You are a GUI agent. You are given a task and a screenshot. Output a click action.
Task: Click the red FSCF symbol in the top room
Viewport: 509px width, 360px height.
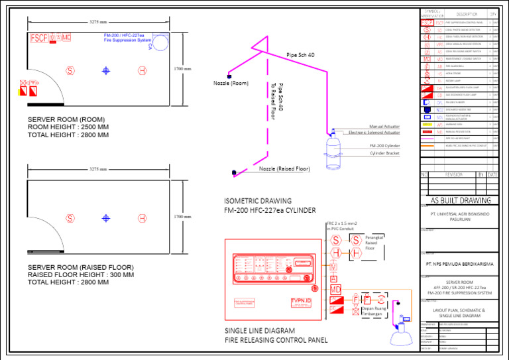click(x=39, y=38)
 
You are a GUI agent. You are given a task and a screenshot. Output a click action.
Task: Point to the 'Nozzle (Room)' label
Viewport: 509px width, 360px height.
click(x=231, y=84)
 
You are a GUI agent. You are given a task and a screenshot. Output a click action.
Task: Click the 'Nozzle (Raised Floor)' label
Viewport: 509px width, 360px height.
click(x=284, y=169)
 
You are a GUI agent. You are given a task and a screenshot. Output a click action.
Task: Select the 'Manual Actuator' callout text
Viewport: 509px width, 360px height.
click(x=384, y=126)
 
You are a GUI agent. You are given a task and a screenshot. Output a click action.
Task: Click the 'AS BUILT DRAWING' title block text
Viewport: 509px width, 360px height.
click(x=461, y=200)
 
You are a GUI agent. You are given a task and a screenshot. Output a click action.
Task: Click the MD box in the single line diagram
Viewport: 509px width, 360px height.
click(x=335, y=290)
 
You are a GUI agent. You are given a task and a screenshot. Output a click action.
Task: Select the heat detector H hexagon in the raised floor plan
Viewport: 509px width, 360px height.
click(x=142, y=218)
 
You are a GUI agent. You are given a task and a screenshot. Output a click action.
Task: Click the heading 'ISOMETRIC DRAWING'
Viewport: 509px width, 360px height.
click(x=258, y=201)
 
